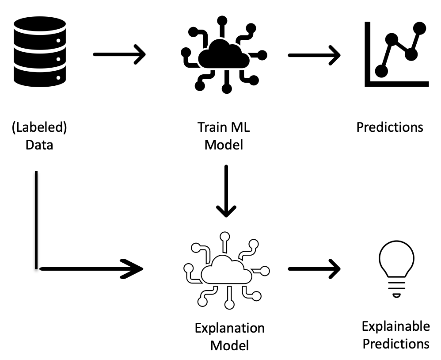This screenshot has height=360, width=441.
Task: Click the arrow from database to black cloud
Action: (119, 55)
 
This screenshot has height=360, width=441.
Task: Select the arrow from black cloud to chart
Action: (314, 55)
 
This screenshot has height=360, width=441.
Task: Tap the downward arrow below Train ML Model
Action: (226, 191)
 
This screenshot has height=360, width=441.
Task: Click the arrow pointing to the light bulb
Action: (314, 269)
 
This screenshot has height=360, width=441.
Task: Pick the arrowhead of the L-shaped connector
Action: (135, 268)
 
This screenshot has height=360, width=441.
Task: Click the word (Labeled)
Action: (39, 128)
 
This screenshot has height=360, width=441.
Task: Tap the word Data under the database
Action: (39, 145)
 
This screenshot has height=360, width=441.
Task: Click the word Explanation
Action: (229, 328)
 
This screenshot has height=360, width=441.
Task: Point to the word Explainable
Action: (395, 327)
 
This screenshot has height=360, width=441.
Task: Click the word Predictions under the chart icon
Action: (390, 127)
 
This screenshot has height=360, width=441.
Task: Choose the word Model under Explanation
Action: (229, 345)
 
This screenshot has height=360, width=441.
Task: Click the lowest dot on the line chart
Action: (381, 71)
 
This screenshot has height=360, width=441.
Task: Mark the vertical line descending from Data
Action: (35, 219)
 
